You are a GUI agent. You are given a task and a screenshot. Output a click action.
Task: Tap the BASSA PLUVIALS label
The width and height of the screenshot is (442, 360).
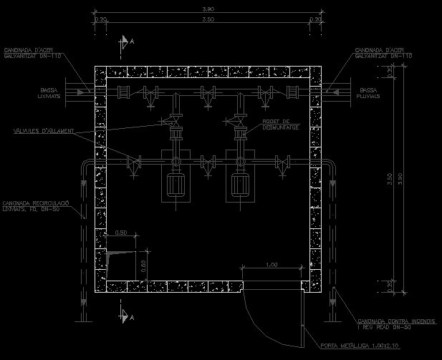pyautogui.click(x=368, y=93)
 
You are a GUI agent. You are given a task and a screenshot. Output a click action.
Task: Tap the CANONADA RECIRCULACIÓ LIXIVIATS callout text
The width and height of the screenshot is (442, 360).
pyautogui.click(x=35, y=205)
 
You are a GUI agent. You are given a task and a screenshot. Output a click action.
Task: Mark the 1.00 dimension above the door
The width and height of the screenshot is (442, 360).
pyautogui.click(x=272, y=265)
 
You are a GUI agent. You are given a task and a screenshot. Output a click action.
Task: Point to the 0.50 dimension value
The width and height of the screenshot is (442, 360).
pyautogui.click(x=121, y=233)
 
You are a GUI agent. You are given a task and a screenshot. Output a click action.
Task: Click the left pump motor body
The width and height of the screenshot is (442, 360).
pyautogui.click(x=176, y=185)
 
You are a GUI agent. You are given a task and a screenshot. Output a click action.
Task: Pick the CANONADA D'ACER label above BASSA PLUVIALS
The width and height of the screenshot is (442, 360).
pyautogui.click(x=383, y=53)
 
